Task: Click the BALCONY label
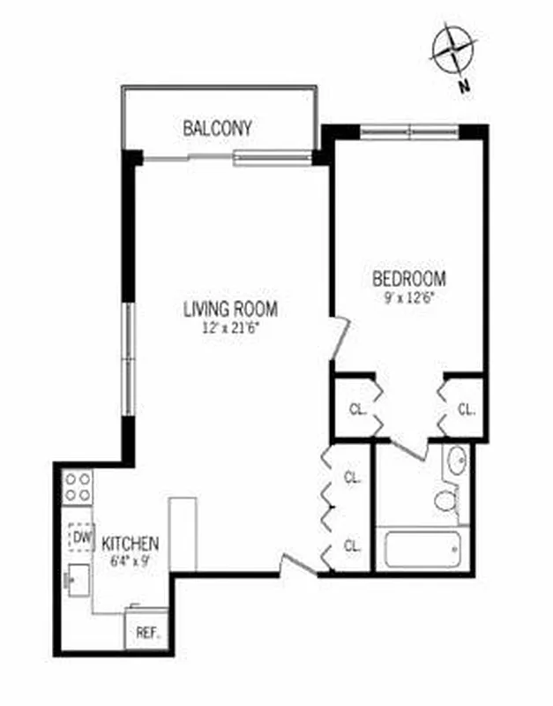(217, 128)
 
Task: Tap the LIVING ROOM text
(230, 309)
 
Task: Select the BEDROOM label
(408, 279)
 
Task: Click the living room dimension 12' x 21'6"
(230, 327)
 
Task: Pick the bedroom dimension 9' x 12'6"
(408, 297)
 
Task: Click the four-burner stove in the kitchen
(78, 487)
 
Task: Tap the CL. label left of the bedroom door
(357, 409)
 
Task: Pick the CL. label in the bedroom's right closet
(466, 409)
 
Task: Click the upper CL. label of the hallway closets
(353, 477)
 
